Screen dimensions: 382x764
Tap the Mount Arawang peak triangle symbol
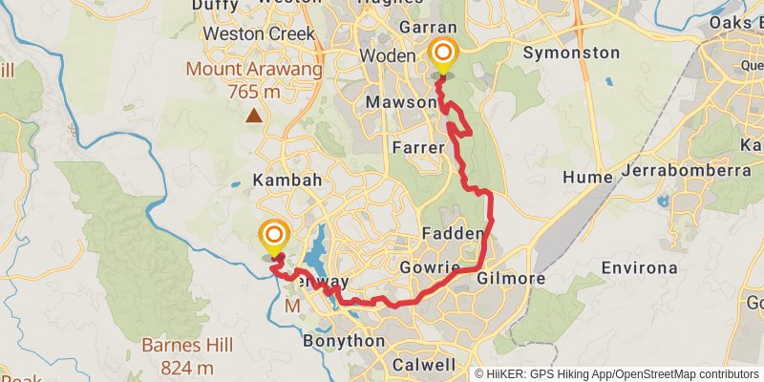(254, 117)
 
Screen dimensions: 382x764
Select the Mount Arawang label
(253, 70)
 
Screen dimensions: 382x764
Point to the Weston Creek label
(260, 33)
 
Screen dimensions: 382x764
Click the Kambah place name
(287, 180)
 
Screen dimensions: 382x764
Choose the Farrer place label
(418, 148)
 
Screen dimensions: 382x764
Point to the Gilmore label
(510, 279)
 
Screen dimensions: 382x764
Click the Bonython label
(343, 341)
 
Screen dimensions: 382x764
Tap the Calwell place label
(424, 365)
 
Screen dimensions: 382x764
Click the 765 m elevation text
(253, 92)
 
